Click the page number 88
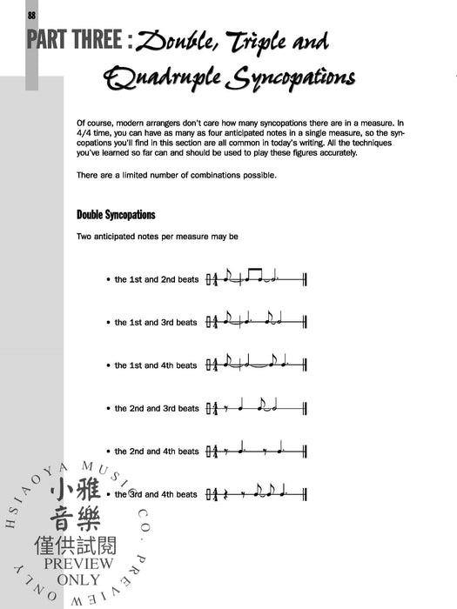point(31,16)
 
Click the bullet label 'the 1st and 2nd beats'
point(156,280)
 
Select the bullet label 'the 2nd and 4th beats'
point(156,452)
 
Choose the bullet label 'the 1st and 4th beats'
point(156,365)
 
